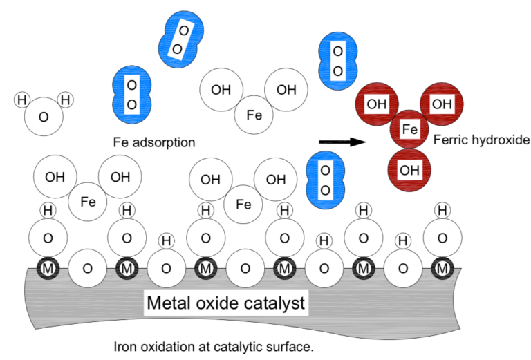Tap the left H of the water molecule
pos(22,100)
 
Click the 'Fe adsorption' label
pos(153,142)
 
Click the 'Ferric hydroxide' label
pos(481,140)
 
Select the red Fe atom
pos(410,129)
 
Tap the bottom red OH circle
pos(409,169)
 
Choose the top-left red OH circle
pos(377,104)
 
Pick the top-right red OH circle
pos(441,104)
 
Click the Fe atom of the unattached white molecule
pos(254,115)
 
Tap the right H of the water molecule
pos(66,100)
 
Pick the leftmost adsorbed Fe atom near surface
pos(88,202)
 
